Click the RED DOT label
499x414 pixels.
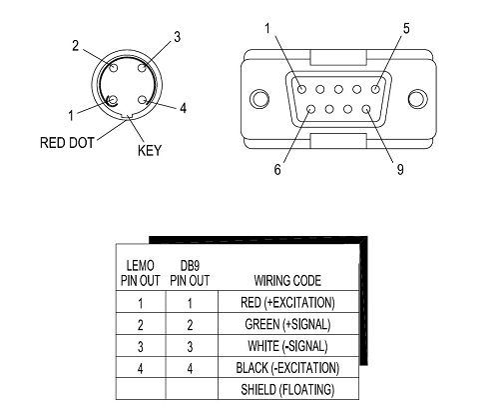point(67,143)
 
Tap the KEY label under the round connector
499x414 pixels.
point(150,150)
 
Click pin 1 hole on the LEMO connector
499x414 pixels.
point(113,100)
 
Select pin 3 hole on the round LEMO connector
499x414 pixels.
point(143,68)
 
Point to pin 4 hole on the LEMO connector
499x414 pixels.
point(143,100)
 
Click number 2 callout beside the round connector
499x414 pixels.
point(76,46)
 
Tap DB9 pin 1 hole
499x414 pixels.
point(301,89)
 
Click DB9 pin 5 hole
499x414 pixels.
point(375,89)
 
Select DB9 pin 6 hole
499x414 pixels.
point(311,109)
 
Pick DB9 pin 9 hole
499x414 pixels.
point(366,109)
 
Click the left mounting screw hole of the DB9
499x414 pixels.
point(259,99)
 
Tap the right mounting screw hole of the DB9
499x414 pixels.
point(418,99)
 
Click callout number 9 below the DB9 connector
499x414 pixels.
point(400,169)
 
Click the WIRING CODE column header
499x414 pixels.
point(287,281)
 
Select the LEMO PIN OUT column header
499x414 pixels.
point(141,273)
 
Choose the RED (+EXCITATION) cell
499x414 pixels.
point(287,303)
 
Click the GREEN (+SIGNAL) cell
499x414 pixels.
point(287,324)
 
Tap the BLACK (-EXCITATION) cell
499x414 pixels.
point(287,368)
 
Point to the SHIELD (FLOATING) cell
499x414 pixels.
point(287,390)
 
